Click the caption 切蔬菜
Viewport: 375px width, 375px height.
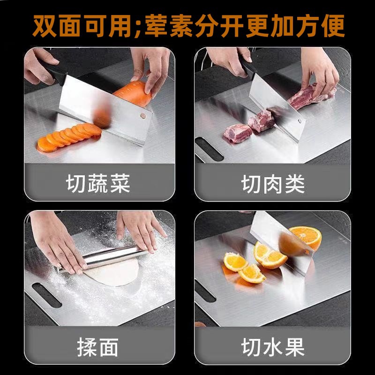coord(97,184)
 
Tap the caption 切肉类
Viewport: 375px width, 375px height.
coord(273,184)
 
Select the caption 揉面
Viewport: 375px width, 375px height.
coord(97,347)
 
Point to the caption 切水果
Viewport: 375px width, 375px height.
coord(273,347)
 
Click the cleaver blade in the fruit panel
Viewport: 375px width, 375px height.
coord(281,234)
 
